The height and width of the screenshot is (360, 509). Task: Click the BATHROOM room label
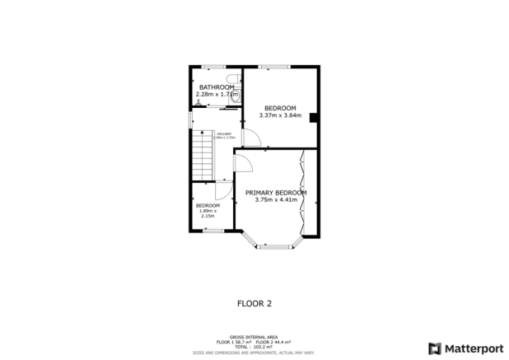pos(217,87)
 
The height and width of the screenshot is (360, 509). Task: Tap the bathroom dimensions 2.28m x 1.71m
pos(217,95)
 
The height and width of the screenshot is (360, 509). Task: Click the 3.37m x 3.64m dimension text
pos(280,115)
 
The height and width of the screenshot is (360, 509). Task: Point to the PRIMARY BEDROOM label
pos(276,193)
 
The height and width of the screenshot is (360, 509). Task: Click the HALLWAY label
pos(222,133)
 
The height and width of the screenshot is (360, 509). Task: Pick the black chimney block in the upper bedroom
pos(313,118)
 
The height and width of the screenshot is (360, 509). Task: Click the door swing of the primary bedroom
pos(244,163)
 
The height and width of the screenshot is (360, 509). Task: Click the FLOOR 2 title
pos(254,303)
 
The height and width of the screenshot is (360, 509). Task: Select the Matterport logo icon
pos(434,348)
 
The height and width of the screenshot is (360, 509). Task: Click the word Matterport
pos(474,348)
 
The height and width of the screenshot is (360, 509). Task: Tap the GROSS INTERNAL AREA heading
pos(253,337)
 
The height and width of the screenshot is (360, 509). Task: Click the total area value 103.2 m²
pos(264,347)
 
